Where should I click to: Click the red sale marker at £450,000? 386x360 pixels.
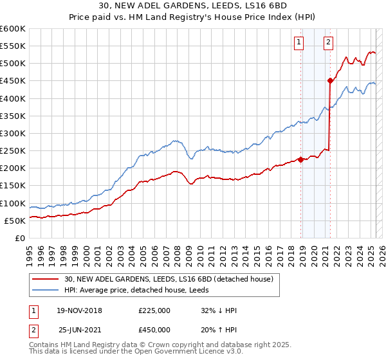point(330,80)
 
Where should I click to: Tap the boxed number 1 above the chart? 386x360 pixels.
point(300,43)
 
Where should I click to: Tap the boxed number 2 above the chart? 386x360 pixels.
point(329,43)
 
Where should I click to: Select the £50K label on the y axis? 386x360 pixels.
point(14,221)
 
